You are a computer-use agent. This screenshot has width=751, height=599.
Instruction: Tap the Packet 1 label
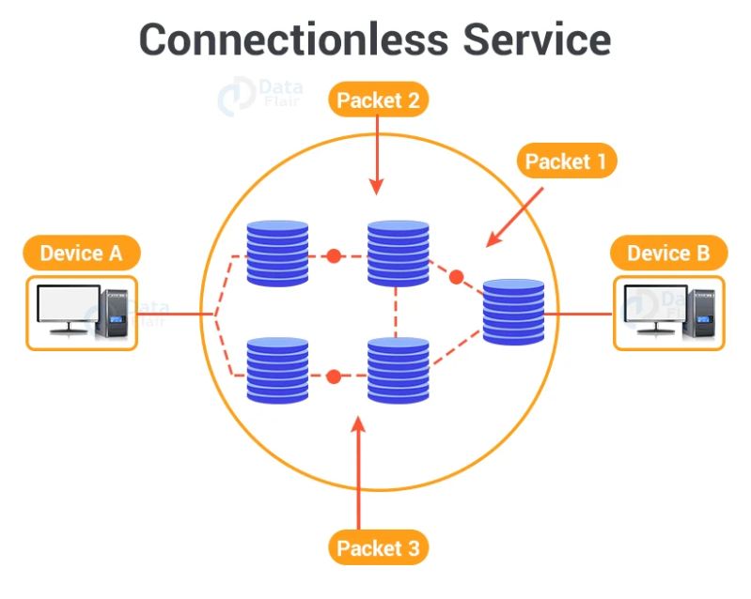pyautogui.click(x=566, y=161)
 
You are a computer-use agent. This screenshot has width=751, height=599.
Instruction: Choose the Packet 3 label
pyautogui.click(x=378, y=547)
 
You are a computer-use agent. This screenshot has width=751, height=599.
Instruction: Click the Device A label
pyautogui.click(x=82, y=253)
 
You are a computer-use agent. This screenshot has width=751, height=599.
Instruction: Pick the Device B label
pyautogui.click(x=670, y=253)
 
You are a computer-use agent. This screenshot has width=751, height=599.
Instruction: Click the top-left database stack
pyautogui.click(x=277, y=253)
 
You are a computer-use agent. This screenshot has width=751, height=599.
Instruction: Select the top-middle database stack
pyautogui.click(x=398, y=253)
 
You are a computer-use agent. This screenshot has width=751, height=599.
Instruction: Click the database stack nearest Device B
pyautogui.click(x=513, y=312)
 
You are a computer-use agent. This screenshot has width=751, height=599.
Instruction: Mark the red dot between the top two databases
pyautogui.click(x=333, y=255)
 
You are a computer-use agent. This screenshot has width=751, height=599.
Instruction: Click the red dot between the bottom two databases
pyautogui.click(x=333, y=376)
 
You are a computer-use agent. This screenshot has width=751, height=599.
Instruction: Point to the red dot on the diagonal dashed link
pyautogui.click(x=457, y=277)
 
